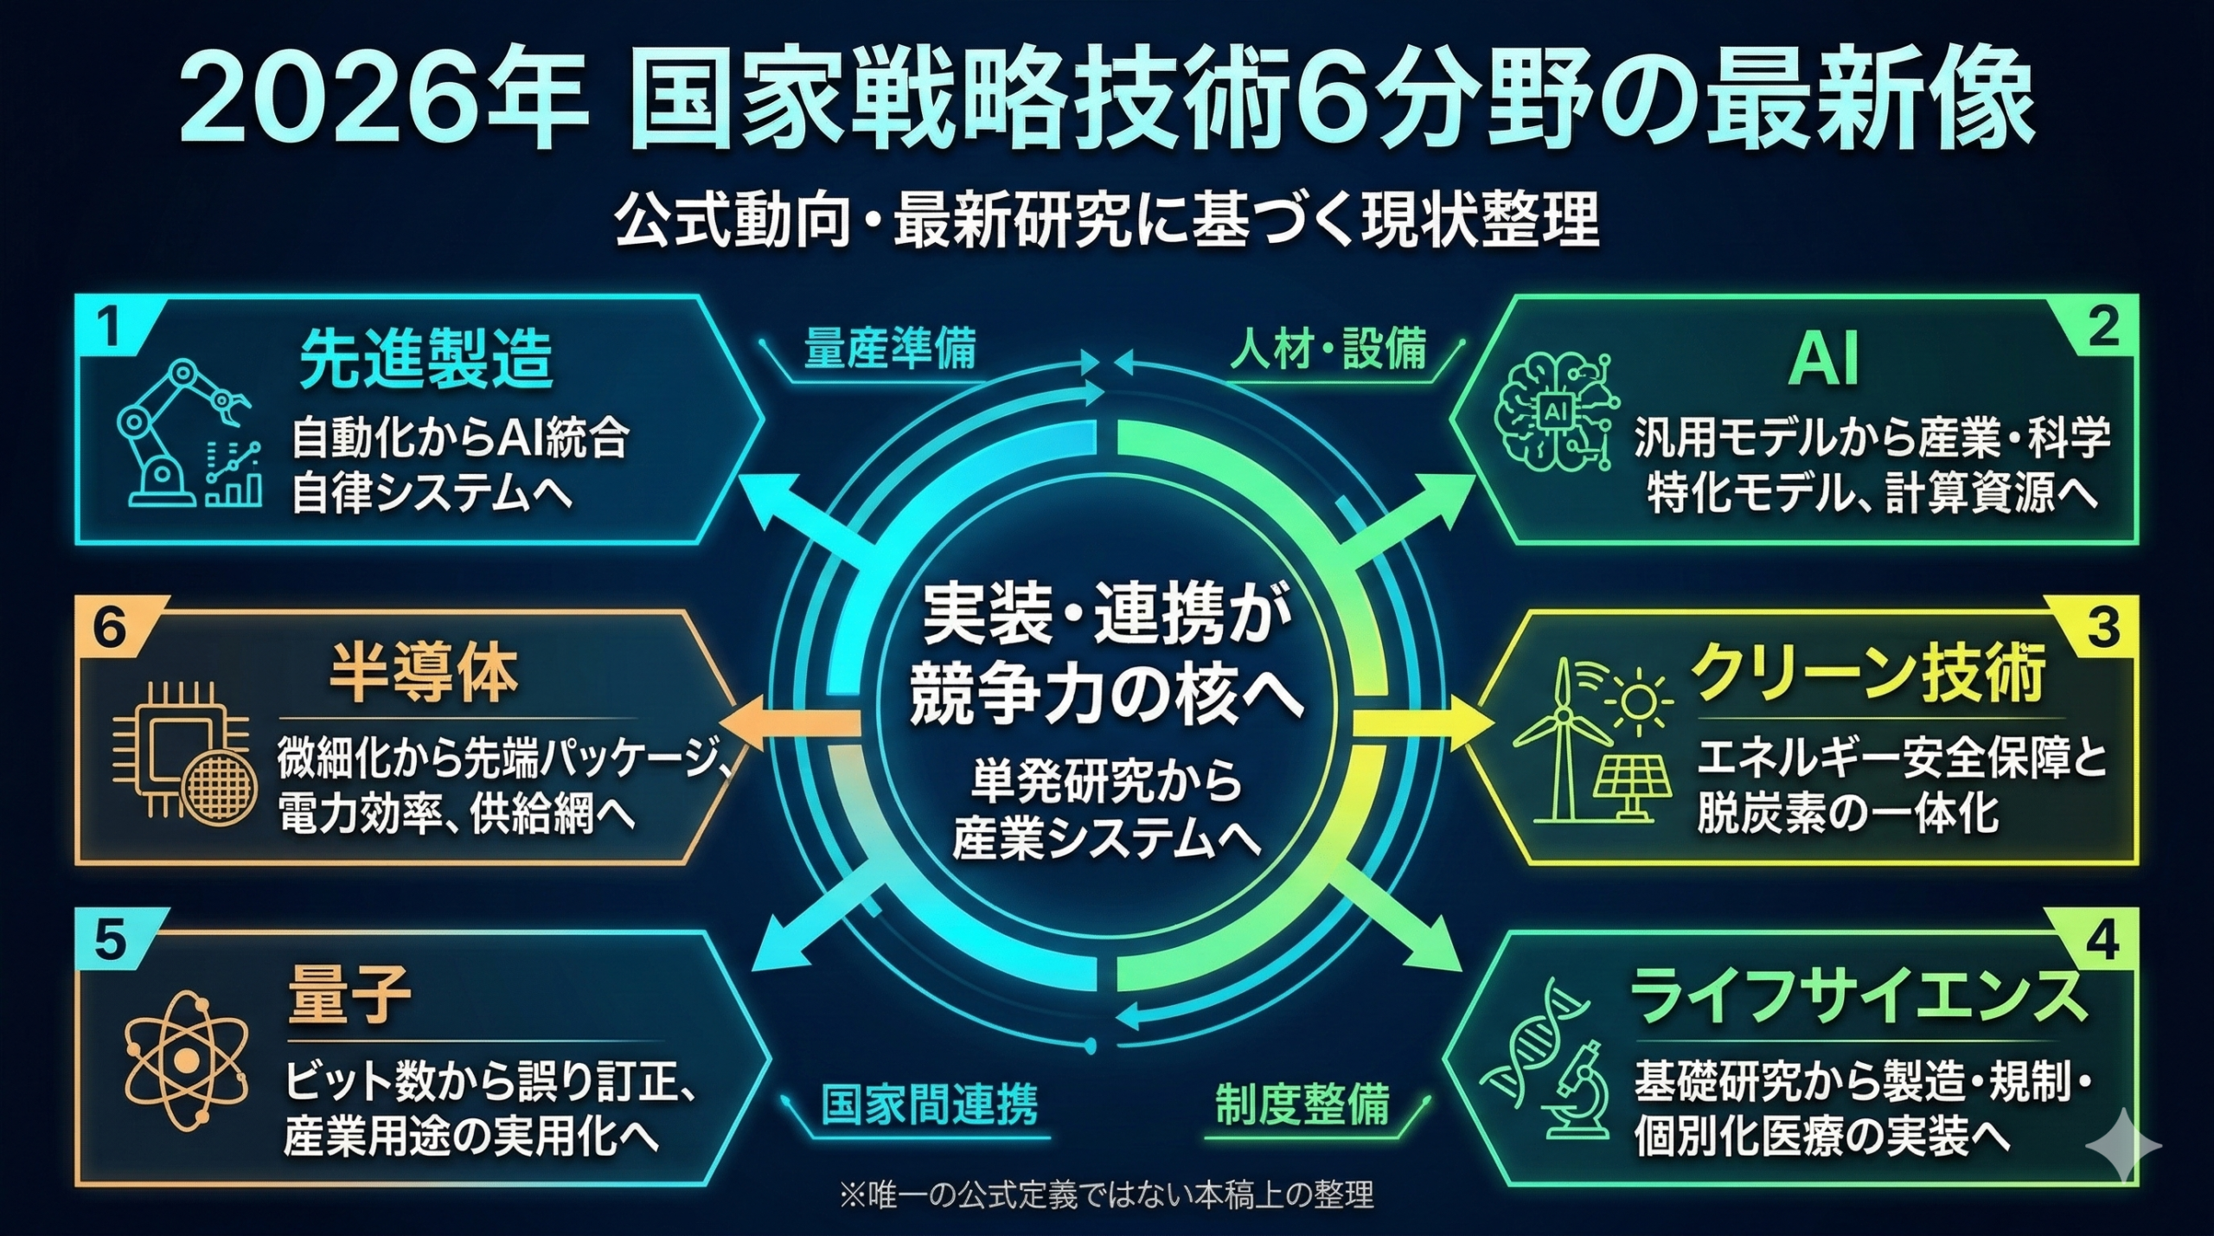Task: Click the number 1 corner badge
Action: (108, 327)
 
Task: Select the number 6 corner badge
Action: (109, 629)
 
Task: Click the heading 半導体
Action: (423, 675)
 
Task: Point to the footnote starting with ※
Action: (1106, 1194)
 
